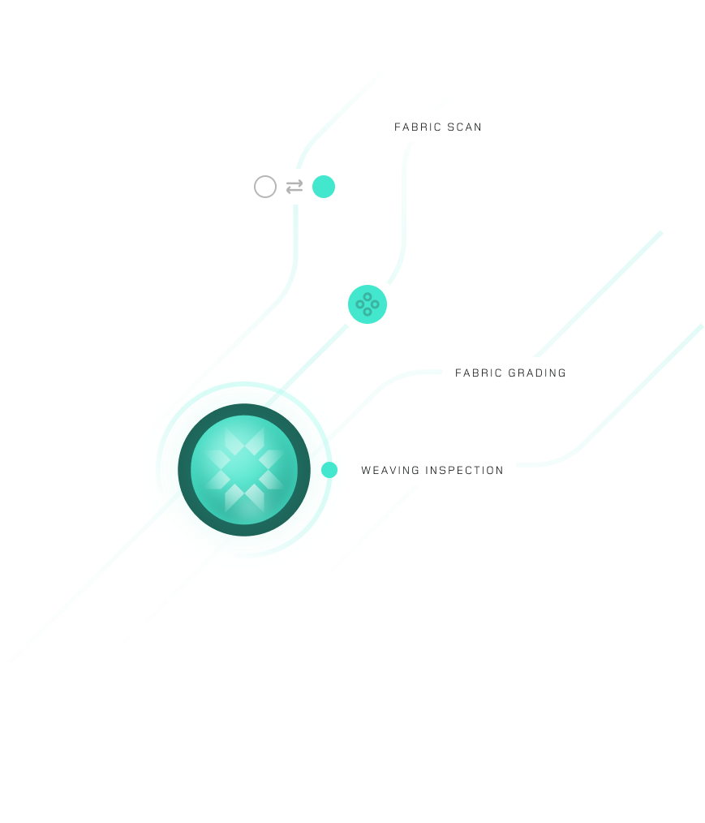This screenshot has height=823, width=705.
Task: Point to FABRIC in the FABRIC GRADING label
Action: click(x=478, y=373)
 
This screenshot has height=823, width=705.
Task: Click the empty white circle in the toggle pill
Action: click(x=265, y=187)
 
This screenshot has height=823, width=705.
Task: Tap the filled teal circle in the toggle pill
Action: click(x=324, y=187)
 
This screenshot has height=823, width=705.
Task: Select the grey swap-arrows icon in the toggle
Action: click(x=294, y=187)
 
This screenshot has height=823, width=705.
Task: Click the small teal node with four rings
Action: click(x=368, y=304)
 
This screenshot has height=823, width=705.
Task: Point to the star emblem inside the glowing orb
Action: click(x=244, y=470)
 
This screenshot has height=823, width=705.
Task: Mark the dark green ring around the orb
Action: click(x=184, y=470)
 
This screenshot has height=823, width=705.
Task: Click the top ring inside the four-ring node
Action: click(x=368, y=297)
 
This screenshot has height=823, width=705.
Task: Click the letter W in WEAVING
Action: click(x=365, y=471)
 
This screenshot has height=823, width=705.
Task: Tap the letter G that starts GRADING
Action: click(x=513, y=373)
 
